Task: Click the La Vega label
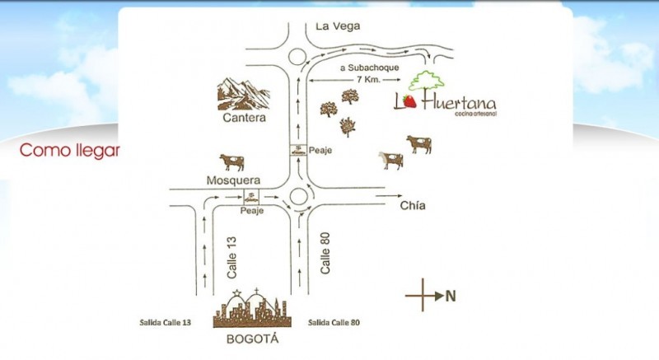(x=338, y=26)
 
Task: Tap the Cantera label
(x=244, y=118)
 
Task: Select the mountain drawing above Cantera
(x=243, y=94)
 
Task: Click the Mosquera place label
(x=233, y=180)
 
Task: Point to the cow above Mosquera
(x=232, y=162)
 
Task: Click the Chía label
(x=413, y=205)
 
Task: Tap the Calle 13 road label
(x=231, y=258)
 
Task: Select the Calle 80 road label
(x=325, y=253)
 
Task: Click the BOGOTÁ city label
(x=252, y=339)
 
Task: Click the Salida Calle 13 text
(x=166, y=323)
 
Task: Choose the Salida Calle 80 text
(x=334, y=323)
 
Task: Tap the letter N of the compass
(x=451, y=296)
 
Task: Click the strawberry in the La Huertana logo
(x=409, y=101)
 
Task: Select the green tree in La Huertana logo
(x=426, y=81)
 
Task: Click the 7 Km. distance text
(x=369, y=79)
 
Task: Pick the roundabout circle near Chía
(x=299, y=188)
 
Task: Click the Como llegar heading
(x=69, y=151)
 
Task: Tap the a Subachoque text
(x=369, y=68)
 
